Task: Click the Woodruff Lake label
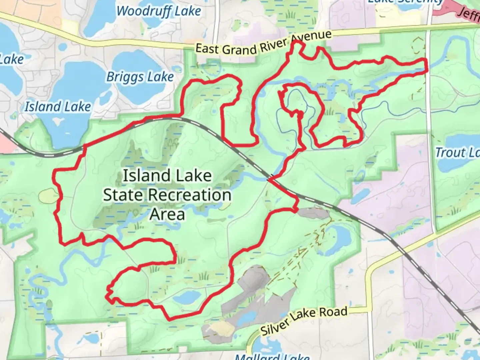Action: (159, 11)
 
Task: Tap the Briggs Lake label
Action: (140, 77)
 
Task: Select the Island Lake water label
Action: (58, 107)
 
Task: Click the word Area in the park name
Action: (167, 214)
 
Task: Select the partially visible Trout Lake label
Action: (457, 152)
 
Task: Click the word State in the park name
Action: (123, 195)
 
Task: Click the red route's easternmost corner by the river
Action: (426, 65)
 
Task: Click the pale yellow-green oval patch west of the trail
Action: (48, 196)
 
